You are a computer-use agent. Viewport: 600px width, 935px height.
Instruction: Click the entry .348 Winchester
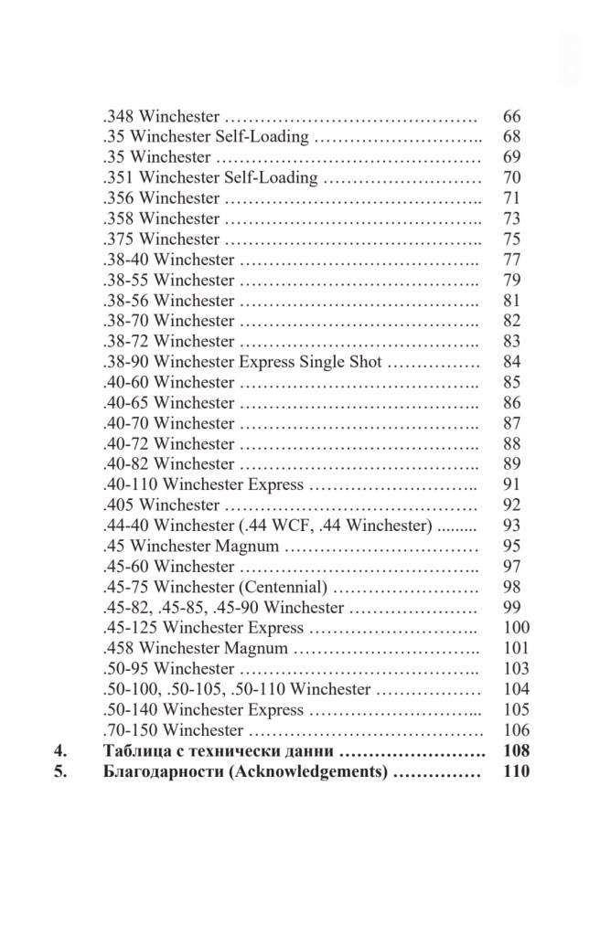click(161, 117)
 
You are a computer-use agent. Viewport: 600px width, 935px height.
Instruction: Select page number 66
click(511, 117)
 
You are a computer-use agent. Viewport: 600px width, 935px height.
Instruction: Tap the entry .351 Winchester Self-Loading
click(209, 177)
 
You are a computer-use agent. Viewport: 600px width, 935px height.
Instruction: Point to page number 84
click(511, 362)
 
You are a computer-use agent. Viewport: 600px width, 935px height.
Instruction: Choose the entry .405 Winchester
click(161, 505)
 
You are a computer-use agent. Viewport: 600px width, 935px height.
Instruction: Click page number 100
click(516, 628)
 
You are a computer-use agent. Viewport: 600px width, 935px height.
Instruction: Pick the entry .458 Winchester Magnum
click(196, 648)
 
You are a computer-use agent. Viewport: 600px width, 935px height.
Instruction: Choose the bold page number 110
click(516, 771)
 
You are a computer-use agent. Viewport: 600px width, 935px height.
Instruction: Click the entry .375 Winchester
click(161, 239)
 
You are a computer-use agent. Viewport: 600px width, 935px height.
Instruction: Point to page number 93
click(511, 526)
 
